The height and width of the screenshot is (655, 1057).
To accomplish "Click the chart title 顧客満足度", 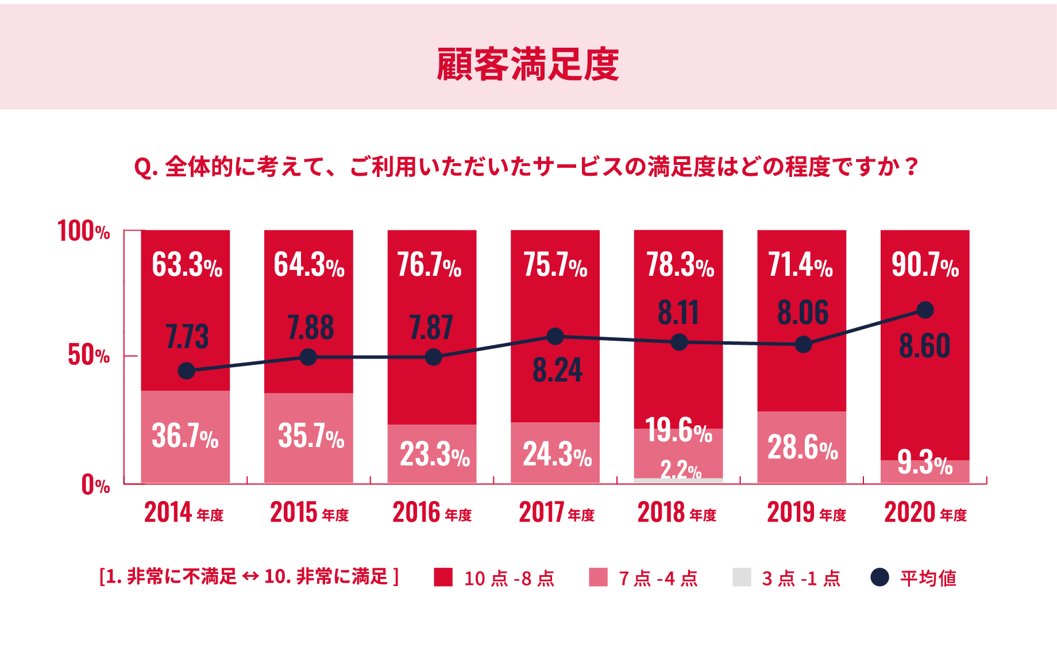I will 527,64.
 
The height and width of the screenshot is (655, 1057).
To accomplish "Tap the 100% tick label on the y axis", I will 84,231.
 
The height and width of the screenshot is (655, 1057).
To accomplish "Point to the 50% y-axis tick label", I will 88,355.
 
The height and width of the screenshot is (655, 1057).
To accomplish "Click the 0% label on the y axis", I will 95,484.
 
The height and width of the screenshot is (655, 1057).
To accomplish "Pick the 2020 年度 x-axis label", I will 925,513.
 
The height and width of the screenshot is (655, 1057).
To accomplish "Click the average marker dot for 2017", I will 555,336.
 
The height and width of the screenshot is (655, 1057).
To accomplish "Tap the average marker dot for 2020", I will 925,310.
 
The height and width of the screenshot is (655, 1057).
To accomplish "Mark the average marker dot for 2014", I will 186,371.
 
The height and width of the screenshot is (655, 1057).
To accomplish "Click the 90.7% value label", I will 925,265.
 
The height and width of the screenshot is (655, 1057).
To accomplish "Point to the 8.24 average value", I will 557,370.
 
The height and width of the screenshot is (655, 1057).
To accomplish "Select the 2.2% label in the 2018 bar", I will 681,470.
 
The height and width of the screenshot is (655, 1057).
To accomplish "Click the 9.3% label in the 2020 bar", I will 925,463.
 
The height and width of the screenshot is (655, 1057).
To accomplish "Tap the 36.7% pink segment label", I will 185,436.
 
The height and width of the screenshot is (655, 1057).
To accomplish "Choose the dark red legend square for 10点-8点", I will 443,577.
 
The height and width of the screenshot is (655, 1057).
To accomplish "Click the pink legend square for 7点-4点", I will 598,577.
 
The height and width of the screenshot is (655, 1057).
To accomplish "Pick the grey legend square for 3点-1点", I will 742,577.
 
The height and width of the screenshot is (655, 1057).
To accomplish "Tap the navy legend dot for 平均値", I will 879,577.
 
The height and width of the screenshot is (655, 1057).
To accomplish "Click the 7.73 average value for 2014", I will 187,337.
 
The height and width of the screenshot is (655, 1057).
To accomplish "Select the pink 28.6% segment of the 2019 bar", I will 802,447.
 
